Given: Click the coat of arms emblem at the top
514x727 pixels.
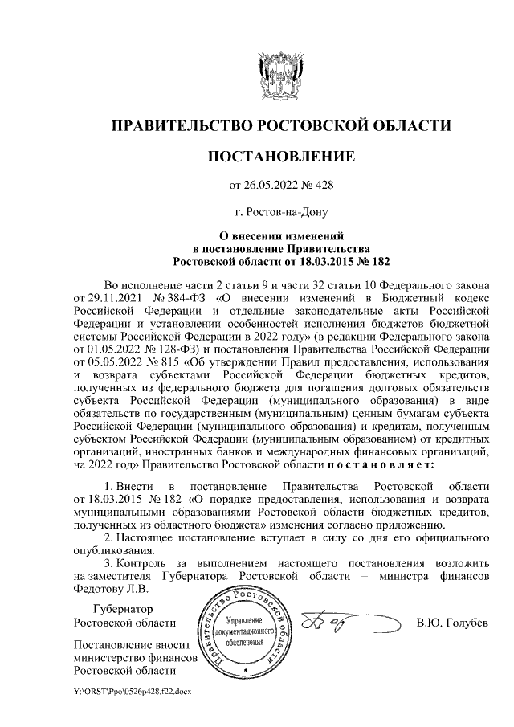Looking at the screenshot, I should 281,74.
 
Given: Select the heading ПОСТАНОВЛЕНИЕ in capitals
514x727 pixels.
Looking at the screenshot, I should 281,156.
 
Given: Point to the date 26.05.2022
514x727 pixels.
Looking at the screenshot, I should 268,186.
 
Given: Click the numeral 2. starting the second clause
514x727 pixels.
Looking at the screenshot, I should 110,537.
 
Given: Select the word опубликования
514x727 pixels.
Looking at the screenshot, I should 110,549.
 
